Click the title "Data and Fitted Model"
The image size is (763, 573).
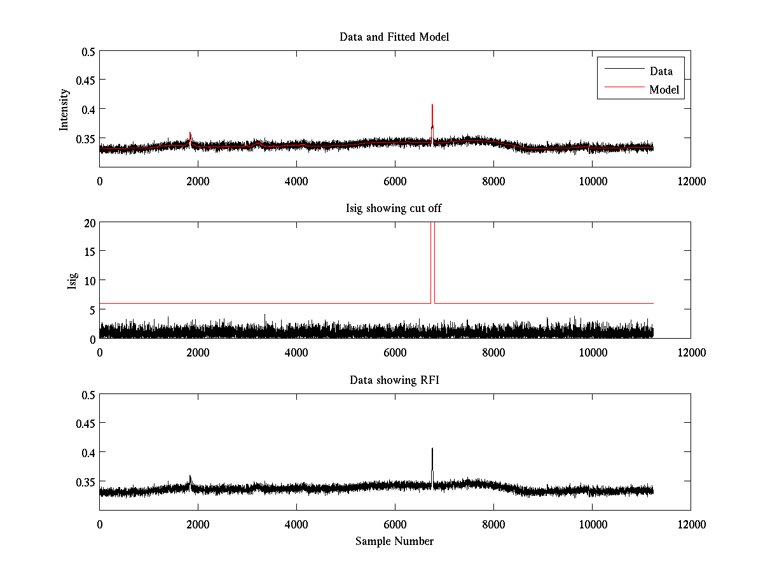(x=394, y=37)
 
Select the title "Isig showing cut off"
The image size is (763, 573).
(x=394, y=209)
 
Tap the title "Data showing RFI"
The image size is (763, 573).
(x=394, y=380)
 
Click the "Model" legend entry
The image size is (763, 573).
(x=664, y=90)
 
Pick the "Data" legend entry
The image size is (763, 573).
(x=661, y=71)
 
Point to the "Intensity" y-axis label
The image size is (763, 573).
(x=64, y=109)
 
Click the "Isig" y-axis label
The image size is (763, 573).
(x=72, y=280)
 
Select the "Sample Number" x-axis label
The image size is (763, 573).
(x=394, y=541)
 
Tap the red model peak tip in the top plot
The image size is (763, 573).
(x=432, y=104)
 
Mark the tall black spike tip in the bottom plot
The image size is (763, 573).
(x=432, y=448)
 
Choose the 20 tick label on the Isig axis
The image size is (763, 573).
(x=88, y=222)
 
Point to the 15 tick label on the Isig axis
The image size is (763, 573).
(x=88, y=251)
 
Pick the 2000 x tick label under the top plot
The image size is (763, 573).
(x=198, y=181)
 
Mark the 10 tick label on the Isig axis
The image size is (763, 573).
(x=88, y=280)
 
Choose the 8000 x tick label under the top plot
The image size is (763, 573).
(x=493, y=181)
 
